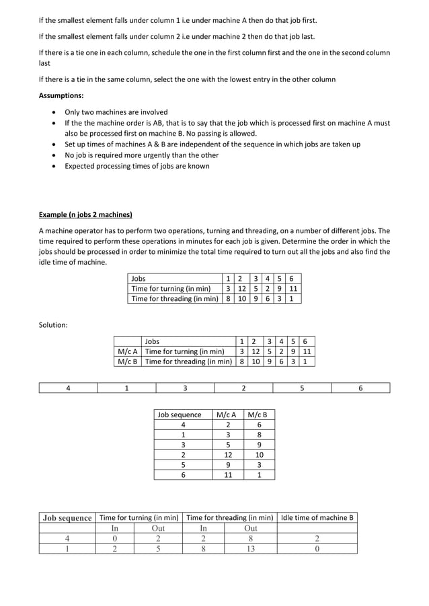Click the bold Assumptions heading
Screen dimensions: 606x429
pos(61,95)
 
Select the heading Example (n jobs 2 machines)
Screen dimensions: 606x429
pos(85,215)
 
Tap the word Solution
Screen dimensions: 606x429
pos(53,325)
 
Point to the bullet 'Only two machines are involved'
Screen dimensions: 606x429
pos(116,112)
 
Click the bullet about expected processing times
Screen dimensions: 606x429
pos(136,166)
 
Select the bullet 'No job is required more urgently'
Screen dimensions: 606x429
pos(136,155)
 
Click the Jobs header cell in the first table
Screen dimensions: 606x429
pos(139,278)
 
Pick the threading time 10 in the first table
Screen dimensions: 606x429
pos(241,298)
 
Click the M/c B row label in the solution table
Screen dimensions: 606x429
pos(127,361)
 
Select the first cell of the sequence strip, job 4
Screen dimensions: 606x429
pos(68,388)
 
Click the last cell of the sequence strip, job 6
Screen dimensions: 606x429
pos(360,388)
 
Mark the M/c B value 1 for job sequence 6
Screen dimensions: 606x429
pos(259,474)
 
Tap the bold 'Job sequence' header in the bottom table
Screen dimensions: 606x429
pos(67,517)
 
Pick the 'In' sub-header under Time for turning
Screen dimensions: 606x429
pos(114,527)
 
